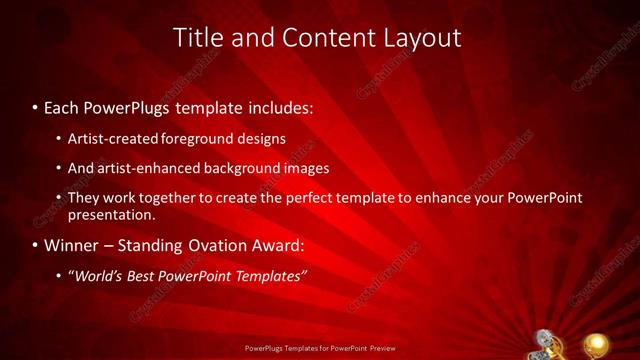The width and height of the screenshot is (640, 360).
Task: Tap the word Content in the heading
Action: point(322,38)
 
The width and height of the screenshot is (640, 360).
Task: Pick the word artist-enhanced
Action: point(145,168)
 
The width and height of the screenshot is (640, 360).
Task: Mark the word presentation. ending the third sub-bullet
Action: point(112,214)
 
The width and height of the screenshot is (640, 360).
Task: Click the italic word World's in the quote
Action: point(98,275)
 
